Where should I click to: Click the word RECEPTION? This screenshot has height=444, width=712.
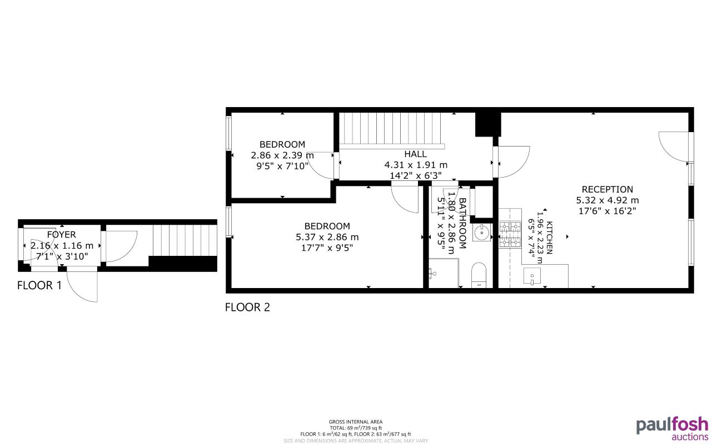tap(607, 189)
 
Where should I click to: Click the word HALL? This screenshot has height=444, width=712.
tap(416, 154)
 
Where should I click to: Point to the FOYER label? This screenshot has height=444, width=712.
tap(61, 235)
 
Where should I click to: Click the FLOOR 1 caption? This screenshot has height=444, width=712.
tap(39, 286)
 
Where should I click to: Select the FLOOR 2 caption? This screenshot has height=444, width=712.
tap(247, 307)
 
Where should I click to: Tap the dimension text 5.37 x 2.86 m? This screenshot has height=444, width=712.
tap(327, 237)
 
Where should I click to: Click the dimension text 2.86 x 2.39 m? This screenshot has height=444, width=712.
tap(282, 155)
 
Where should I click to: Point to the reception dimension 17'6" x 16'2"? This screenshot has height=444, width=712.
tap(607, 211)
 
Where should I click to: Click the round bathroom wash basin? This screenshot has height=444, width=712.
tap(481, 233)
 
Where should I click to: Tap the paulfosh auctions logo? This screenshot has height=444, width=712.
tap(672, 428)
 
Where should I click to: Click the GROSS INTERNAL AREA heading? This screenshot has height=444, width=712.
tap(356, 422)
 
